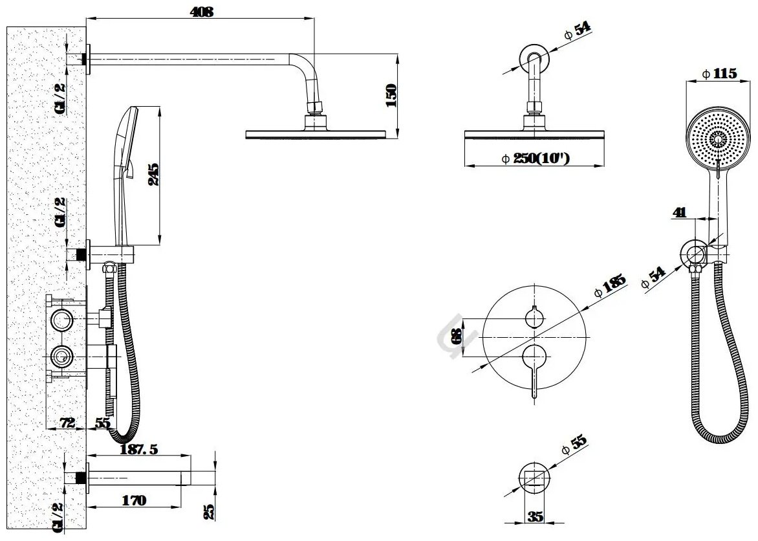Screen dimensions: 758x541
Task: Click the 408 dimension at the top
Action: click(x=202, y=12)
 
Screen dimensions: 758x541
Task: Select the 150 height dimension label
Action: click(x=391, y=95)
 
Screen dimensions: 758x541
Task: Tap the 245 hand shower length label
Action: click(x=153, y=174)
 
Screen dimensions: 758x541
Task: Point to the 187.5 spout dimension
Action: click(x=139, y=449)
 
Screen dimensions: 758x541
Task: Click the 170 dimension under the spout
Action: click(x=133, y=500)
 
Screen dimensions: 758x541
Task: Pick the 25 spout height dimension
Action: click(x=209, y=511)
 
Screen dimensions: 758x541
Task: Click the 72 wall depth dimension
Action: click(x=68, y=423)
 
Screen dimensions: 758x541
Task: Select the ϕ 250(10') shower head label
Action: click(x=536, y=159)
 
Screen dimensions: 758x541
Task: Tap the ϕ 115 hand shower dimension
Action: click(x=720, y=74)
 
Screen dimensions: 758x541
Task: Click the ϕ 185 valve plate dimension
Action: click(x=610, y=285)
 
